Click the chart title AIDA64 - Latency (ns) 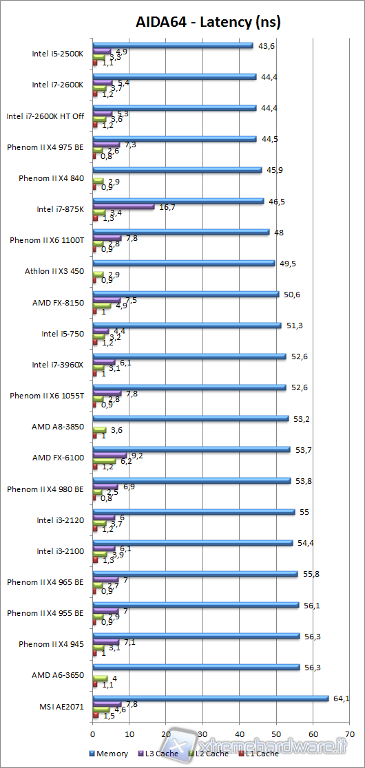coord(208,22)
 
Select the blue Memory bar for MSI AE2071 coord(211,698)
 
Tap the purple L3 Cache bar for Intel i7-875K coord(124,206)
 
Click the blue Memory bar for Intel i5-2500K coord(173,45)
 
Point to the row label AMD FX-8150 coord(59,302)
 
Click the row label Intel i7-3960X coord(59,364)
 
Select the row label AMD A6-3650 coord(58,674)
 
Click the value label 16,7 coord(168,206)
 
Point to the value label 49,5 coord(287,263)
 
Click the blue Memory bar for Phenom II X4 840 coord(177,169)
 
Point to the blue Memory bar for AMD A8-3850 coord(191,418)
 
